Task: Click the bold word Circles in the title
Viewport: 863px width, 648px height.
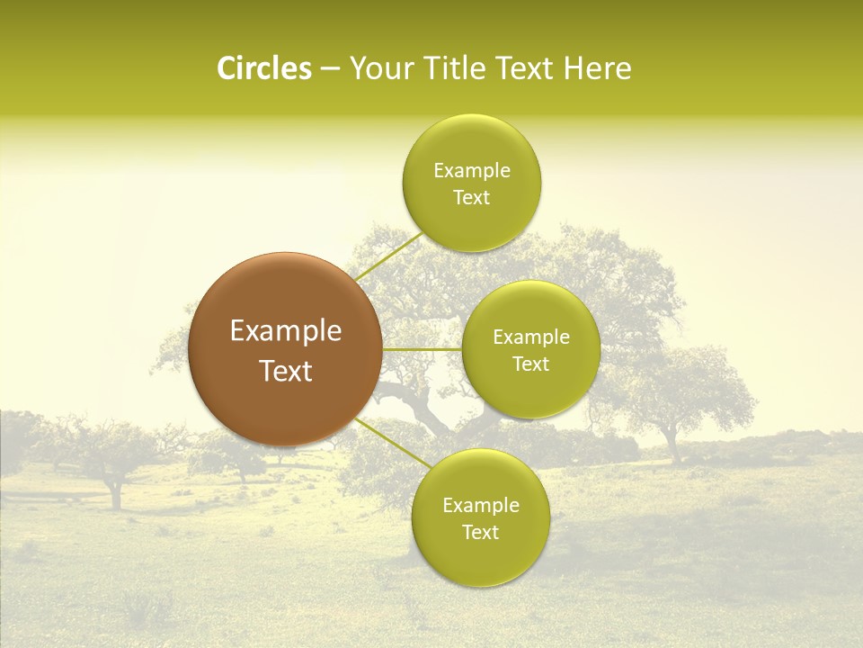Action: tap(263, 68)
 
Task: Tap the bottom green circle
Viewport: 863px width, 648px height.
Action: tap(480, 558)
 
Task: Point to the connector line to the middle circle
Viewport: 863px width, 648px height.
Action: tap(423, 349)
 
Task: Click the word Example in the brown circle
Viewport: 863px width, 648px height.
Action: tap(285, 331)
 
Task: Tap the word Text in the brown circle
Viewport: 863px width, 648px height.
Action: tap(285, 371)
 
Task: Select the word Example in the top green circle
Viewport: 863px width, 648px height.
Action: tap(471, 171)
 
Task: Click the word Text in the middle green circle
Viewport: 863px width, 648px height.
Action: tap(530, 364)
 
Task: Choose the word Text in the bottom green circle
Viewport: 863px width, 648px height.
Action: tap(480, 533)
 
